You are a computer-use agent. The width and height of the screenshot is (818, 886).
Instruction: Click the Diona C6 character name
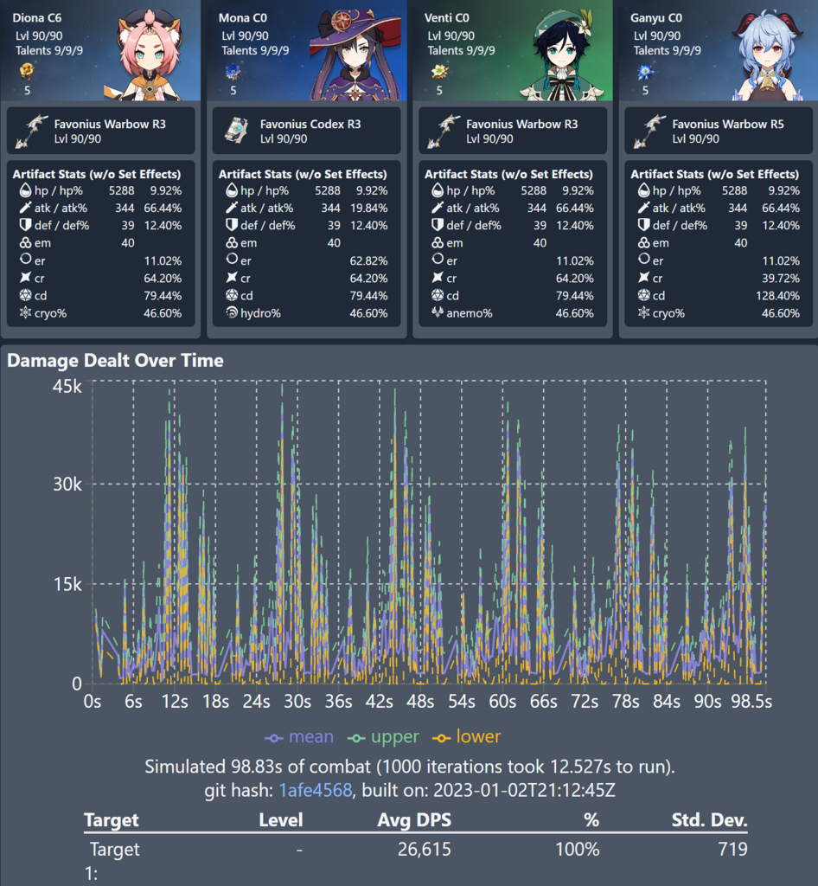[35, 18]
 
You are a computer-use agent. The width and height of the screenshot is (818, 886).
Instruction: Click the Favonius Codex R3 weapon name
[310, 124]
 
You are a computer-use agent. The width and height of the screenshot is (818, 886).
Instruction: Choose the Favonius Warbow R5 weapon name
[728, 124]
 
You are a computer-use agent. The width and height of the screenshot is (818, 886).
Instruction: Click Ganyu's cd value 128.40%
[779, 296]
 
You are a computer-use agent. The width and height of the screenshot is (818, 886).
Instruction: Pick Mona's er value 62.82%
[367, 260]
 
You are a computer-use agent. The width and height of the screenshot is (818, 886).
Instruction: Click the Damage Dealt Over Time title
[115, 360]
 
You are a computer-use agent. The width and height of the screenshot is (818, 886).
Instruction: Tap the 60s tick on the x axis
[502, 702]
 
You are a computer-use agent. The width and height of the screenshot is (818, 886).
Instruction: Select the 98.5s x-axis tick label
[750, 702]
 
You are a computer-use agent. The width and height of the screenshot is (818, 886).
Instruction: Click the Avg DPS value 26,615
[424, 850]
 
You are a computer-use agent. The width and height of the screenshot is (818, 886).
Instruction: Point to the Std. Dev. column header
[709, 820]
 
